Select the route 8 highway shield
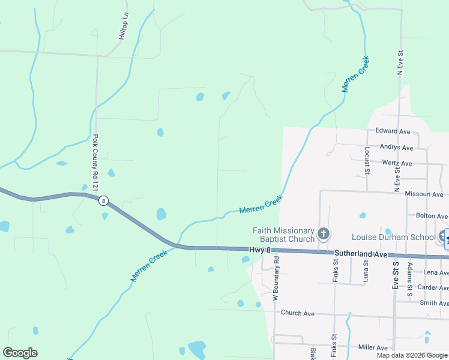[104, 201]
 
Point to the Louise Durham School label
[393, 237]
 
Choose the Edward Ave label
[393, 131]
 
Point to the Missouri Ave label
[424, 194]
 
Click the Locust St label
[366, 158]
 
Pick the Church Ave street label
[298, 313]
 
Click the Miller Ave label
[372, 347]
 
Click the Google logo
[20, 353]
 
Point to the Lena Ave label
[435, 272]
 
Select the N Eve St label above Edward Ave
[399, 62]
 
